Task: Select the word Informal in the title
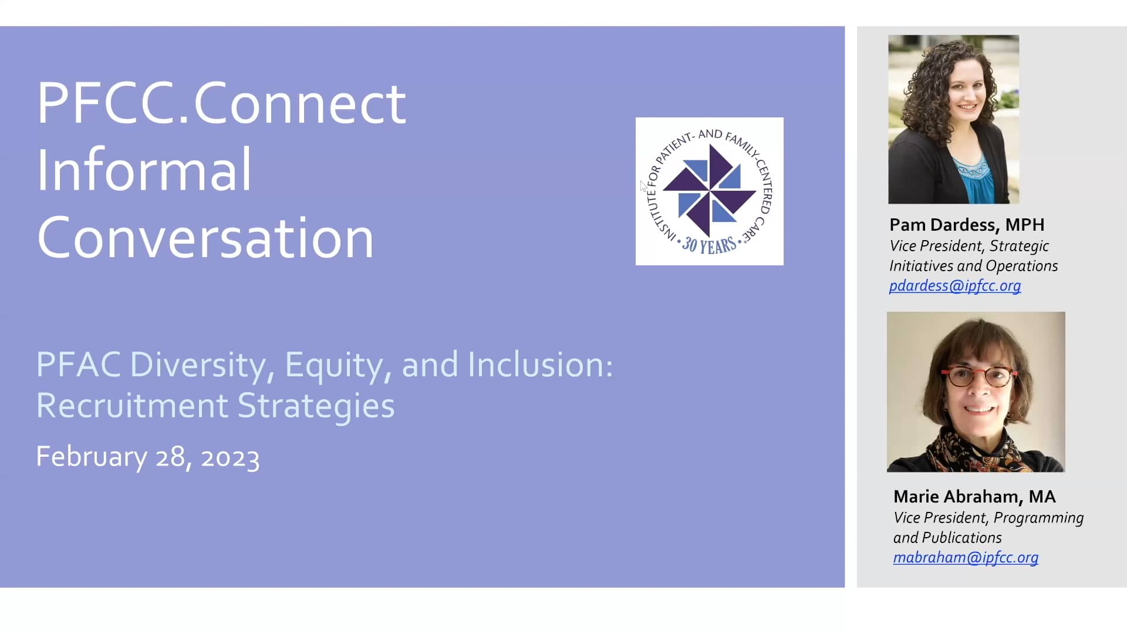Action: [144, 170]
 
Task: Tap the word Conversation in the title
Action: [205, 238]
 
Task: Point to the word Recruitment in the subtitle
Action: [132, 406]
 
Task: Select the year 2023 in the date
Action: [230, 458]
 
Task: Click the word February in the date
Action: [92, 457]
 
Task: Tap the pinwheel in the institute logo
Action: [709, 191]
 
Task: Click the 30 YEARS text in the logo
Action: [709, 245]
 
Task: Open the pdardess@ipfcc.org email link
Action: [955, 286]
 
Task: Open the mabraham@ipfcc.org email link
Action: [966, 558]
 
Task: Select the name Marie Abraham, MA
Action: [974, 497]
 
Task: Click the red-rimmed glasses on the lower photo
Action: [979, 376]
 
